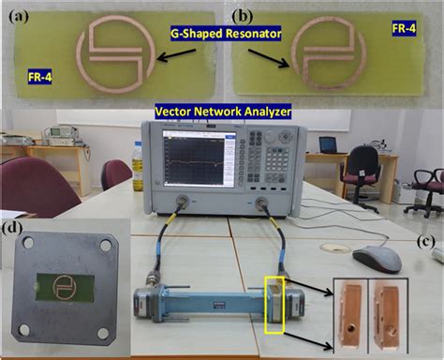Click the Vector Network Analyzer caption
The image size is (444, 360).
point(223,112)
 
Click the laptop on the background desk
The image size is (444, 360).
point(328,144)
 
